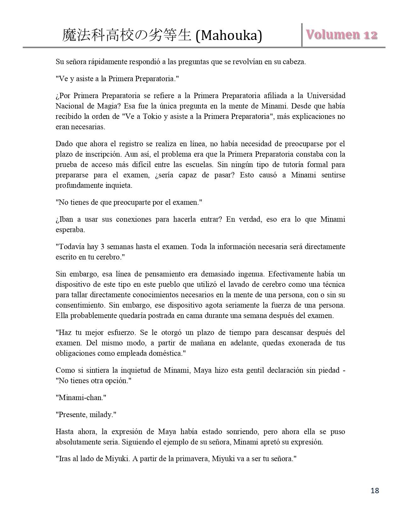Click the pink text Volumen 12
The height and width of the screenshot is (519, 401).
point(342,35)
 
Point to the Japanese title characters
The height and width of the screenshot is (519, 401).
point(126,36)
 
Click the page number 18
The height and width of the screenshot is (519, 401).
point(375,490)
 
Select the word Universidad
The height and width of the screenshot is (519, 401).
point(326,96)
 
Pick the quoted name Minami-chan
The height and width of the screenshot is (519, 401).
point(81,398)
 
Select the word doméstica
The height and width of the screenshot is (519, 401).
point(168,353)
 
